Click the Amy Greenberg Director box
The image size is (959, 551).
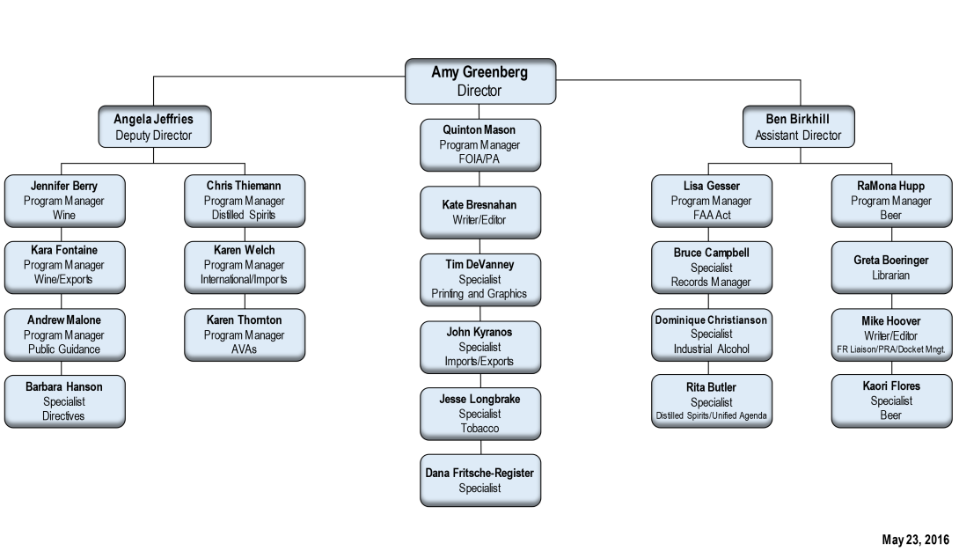pyautogui.click(x=479, y=81)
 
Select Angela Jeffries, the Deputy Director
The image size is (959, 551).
pyautogui.click(x=154, y=127)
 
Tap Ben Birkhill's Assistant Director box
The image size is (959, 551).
pyautogui.click(x=798, y=127)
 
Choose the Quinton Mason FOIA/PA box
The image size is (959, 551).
pyautogui.click(x=479, y=145)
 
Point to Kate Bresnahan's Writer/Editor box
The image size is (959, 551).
pyautogui.click(x=479, y=212)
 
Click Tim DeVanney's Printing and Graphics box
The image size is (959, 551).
pyautogui.click(x=479, y=279)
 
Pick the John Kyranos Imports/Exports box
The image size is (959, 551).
pyautogui.click(x=479, y=347)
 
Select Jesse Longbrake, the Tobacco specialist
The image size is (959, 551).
pyautogui.click(x=479, y=414)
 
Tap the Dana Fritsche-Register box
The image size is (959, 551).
pyautogui.click(x=479, y=481)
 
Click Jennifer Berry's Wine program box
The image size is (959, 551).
pyautogui.click(x=64, y=201)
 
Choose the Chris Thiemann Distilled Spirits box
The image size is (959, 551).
pyautogui.click(x=244, y=201)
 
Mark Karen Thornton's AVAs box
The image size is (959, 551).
pyautogui.click(x=244, y=334)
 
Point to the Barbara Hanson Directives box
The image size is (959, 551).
pyautogui.click(x=64, y=401)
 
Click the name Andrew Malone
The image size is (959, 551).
pyautogui.click(x=64, y=320)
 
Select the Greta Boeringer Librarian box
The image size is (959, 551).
pyautogui.click(x=891, y=268)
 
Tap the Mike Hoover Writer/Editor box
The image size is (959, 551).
pyautogui.click(x=891, y=334)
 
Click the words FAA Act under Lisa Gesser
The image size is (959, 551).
pyautogui.click(x=711, y=216)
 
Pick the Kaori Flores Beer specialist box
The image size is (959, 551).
pyautogui.click(x=891, y=400)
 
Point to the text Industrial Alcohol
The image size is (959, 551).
pyautogui.click(x=711, y=349)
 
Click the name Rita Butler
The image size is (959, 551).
pyautogui.click(x=711, y=387)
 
